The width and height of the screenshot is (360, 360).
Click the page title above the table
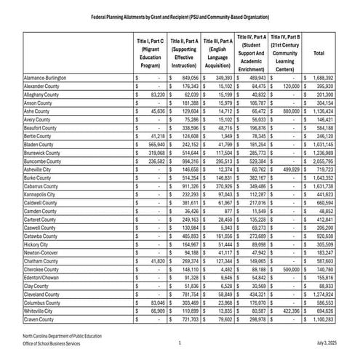click(180, 16)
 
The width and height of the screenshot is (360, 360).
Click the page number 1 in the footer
click(180, 342)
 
